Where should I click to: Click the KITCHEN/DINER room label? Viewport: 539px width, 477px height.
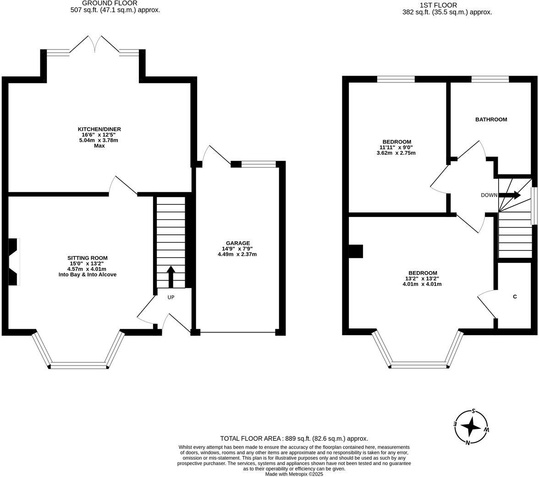[99, 129]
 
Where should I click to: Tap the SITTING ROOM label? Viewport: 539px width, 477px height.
[88, 258]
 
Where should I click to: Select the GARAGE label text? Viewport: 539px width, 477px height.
[238, 243]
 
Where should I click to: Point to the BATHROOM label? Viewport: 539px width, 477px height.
[491, 120]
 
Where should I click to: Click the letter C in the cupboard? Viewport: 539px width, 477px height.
[515, 297]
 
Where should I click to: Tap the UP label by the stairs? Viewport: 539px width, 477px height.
[171, 297]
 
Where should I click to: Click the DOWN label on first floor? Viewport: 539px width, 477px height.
[489, 195]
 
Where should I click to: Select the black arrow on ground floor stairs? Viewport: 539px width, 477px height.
[171, 276]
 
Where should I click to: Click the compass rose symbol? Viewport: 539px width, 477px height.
[471, 427]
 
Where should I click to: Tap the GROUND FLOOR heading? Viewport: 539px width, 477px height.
[110, 3]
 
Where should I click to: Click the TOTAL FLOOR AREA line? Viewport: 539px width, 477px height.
[294, 438]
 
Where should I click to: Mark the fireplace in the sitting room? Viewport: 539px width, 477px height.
[14, 262]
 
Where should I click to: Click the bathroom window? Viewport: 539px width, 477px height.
[490, 79]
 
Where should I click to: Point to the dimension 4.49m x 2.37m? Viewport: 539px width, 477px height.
[237, 254]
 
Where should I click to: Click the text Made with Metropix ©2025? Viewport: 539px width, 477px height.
[294, 474]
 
